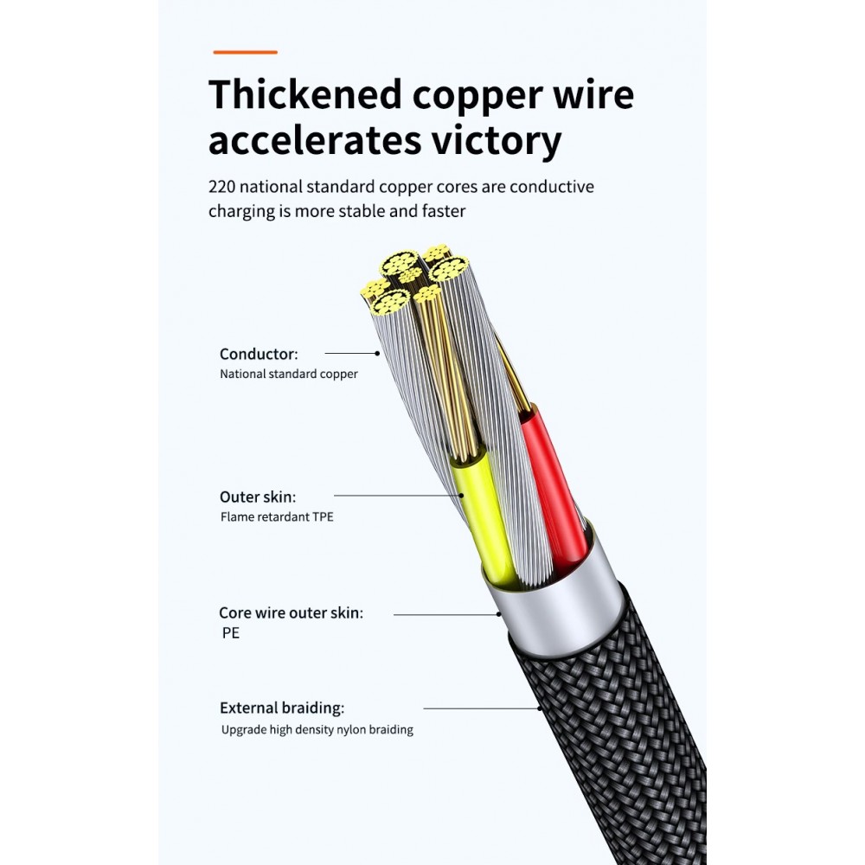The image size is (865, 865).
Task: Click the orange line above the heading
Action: pyautogui.click(x=245, y=53)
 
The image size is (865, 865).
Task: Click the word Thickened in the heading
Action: pyautogui.click(x=305, y=94)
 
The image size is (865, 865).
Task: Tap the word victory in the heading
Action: pyautogui.click(x=496, y=141)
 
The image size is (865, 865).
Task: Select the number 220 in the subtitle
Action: pyautogui.click(x=221, y=187)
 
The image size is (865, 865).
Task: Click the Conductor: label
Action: pyautogui.click(x=259, y=354)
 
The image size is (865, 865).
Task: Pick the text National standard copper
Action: pyautogui.click(x=289, y=374)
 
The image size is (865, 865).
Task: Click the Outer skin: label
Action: pyautogui.click(x=258, y=497)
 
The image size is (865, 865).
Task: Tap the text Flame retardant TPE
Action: pyautogui.click(x=277, y=517)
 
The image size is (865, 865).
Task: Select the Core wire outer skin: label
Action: pyautogui.click(x=292, y=613)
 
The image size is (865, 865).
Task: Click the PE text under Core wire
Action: pyautogui.click(x=231, y=633)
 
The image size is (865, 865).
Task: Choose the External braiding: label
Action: pyautogui.click(x=282, y=708)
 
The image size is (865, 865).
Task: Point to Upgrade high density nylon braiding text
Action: pyautogui.click(x=317, y=730)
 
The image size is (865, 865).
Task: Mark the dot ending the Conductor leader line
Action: pyautogui.click(x=377, y=354)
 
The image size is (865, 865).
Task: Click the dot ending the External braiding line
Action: pyautogui.click(x=539, y=708)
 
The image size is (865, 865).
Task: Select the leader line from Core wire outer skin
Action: pyautogui.click(x=445, y=614)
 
